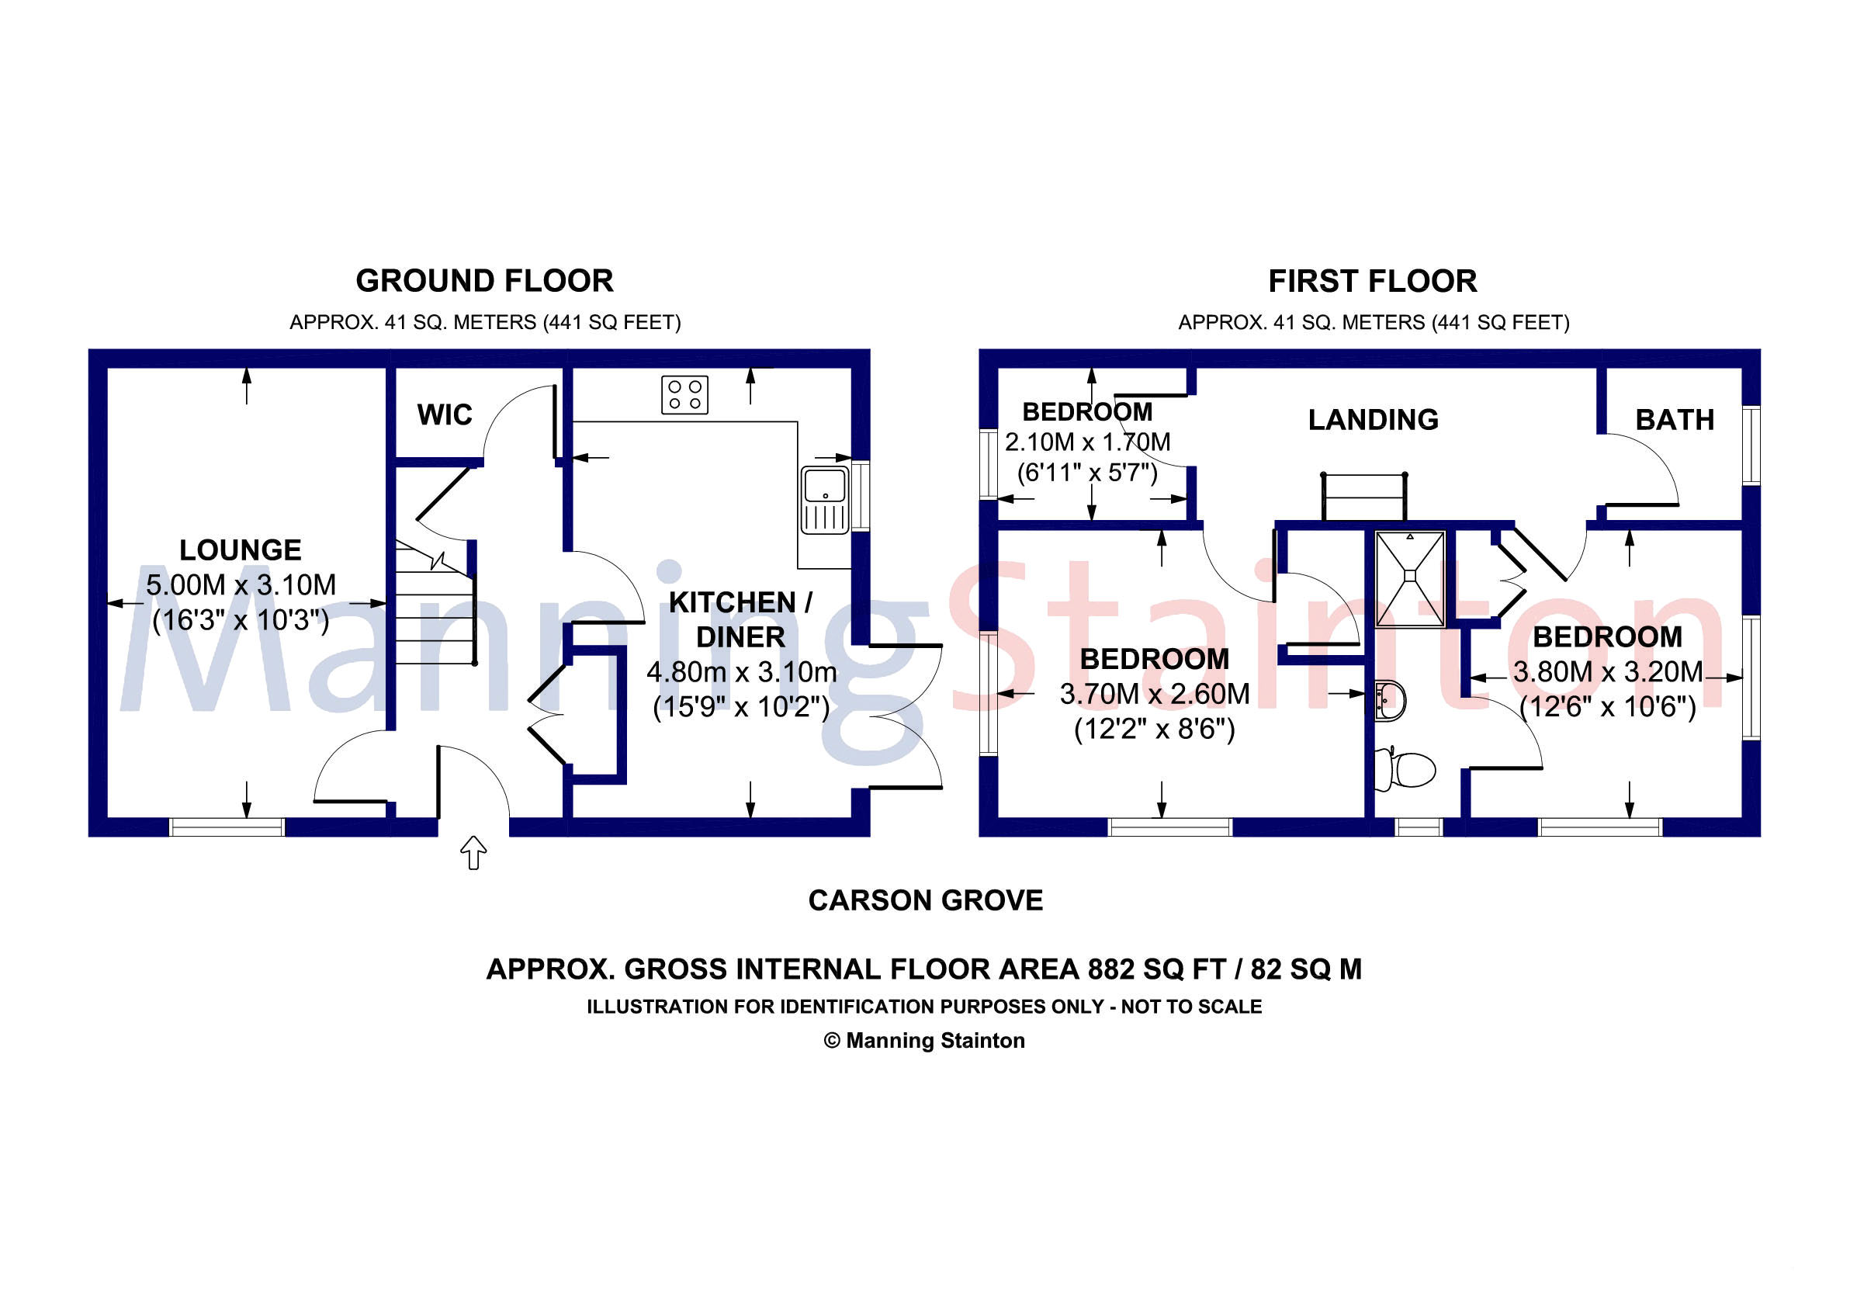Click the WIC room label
tap(444, 415)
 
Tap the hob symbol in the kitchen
tap(684, 395)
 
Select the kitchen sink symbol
tap(825, 500)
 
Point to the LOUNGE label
tap(240, 550)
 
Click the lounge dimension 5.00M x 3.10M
tap(240, 585)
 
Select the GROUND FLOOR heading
tap(484, 281)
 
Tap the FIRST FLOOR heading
tap(1372, 281)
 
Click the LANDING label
tap(1373, 420)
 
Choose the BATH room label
tap(1675, 420)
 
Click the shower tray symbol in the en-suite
tap(1410, 577)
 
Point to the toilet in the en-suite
tap(1408, 768)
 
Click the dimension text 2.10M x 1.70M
tap(1087, 442)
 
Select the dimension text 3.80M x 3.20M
tap(1607, 672)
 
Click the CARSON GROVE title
tap(925, 900)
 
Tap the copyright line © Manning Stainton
tap(924, 1040)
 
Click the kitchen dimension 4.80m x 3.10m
tap(741, 672)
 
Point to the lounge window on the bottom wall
tap(227, 827)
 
